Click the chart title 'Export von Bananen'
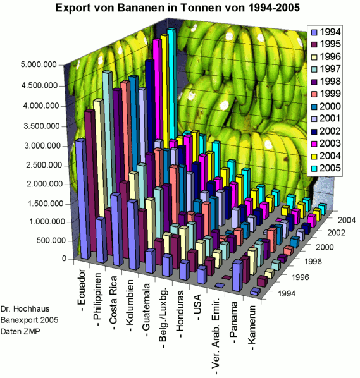pos(177,8)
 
